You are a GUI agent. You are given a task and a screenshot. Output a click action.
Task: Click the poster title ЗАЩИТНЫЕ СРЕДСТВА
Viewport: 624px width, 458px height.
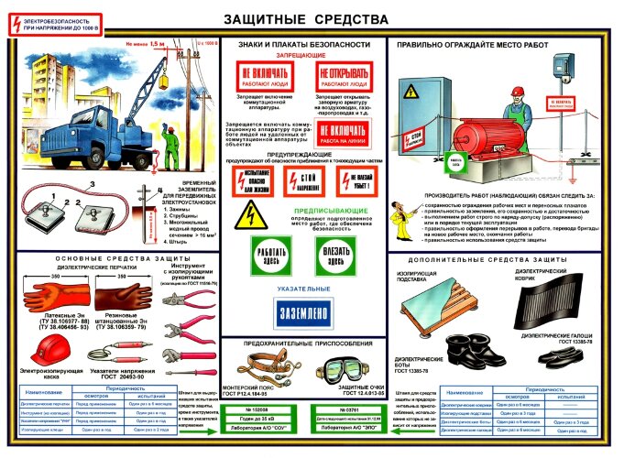(x=311, y=18)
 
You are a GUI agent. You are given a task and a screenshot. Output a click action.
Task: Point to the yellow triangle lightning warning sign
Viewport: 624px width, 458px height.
(x=247, y=214)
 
